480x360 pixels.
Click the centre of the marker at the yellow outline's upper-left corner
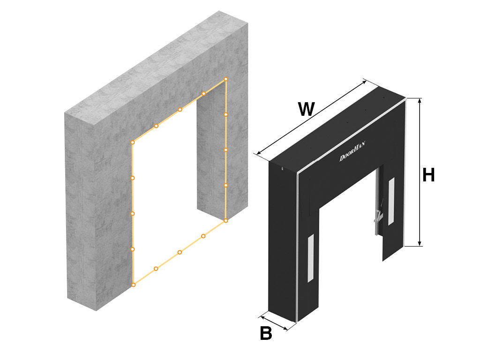click(x=133, y=142)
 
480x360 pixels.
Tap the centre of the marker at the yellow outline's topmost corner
click(x=226, y=79)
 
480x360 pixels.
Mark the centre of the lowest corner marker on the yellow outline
click(x=134, y=285)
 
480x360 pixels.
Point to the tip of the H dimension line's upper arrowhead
click(x=420, y=98)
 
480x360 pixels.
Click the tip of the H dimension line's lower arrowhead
click(x=420, y=246)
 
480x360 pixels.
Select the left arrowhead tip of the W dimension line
click(x=257, y=154)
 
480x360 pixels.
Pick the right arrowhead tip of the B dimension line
click(x=288, y=330)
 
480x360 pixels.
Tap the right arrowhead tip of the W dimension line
click(x=366, y=81)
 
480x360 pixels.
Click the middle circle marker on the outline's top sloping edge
click(x=180, y=110)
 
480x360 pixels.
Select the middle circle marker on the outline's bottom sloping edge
click(x=180, y=252)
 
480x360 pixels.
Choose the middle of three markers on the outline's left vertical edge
click(x=133, y=214)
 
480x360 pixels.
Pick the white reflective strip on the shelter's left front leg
click(x=311, y=258)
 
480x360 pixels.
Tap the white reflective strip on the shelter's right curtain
click(x=391, y=202)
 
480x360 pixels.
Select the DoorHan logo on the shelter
click(x=352, y=151)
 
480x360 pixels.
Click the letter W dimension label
click(x=307, y=109)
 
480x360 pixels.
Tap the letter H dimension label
click(x=428, y=175)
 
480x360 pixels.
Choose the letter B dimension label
click(x=266, y=333)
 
